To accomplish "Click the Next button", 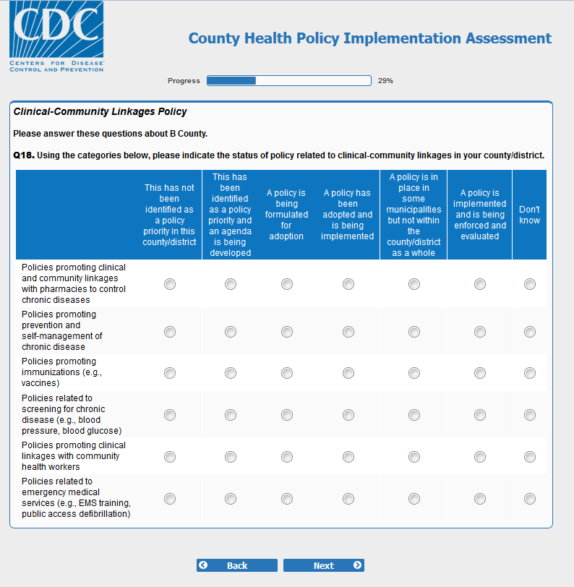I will click(323, 565).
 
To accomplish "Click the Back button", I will click(236, 565).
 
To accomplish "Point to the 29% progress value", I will click(385, 81).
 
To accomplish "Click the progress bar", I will click(288, 81).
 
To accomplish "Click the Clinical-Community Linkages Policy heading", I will click(100, 112).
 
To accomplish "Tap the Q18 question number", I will click(24, 155).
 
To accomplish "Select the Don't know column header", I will click(529, 215).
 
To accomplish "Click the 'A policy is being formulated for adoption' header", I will click(286, 215).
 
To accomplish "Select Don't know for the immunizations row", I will click(530, 373).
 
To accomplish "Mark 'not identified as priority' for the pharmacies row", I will click(170, 285).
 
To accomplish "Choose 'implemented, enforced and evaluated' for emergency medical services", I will click(480, 499).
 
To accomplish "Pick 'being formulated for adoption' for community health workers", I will click(287, 457).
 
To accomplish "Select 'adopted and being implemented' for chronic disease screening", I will click(348, 415).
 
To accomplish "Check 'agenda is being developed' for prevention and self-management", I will click(231, 332).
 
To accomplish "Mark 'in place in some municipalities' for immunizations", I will click(414, 373).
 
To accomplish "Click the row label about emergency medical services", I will click(75, 498).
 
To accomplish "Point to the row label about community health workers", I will click(73, 456).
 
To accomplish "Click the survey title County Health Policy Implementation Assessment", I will click(369, 38).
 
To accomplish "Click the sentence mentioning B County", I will click(110, 134).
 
